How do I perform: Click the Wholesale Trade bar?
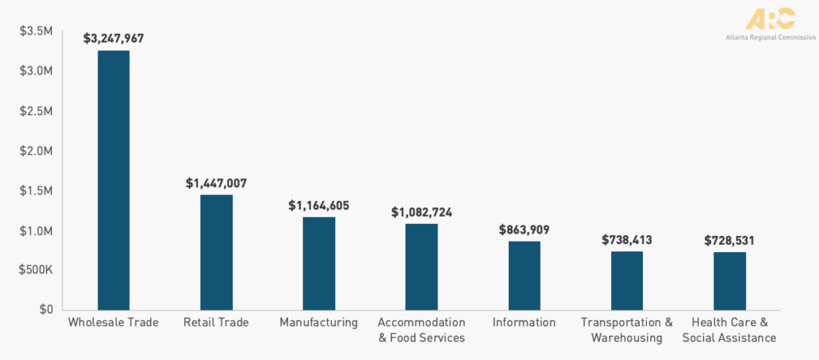[x=114, y=180]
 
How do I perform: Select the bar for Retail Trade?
[x=216, y=252]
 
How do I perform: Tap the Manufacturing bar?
[x=318, y=263]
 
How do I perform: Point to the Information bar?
[x=524, y=275]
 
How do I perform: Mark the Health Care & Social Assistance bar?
[x=729, y=281]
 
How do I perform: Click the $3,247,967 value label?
[x=114, y=38]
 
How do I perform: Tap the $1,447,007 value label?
[x=216, y=183]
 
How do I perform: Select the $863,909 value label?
[x=524, y=230]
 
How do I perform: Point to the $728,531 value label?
[x=729, y=240]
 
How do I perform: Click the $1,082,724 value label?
[x=421, y=212]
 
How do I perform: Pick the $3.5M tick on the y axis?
[x=37, y=32]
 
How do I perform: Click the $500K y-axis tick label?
[x=35, y=270]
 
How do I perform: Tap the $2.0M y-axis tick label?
[x=37, y=151]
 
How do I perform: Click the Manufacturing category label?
[x=318, y=322]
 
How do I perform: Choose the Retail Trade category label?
[x=216, y=322]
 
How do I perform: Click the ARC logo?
[x=769, y=20]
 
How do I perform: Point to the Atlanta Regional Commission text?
[x=769, y=38]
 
